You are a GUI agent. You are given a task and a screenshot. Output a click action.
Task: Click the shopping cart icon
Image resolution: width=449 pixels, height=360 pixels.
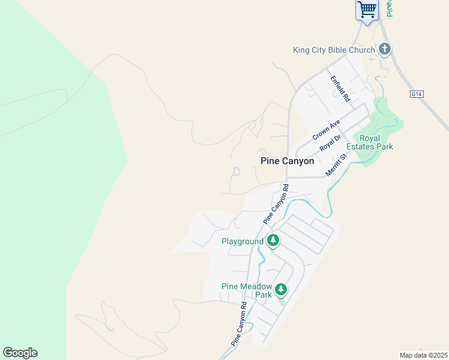click(x=367, y=10)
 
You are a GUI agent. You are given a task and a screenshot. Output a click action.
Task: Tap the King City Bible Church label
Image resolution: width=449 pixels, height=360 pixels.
click(x=334, y=50)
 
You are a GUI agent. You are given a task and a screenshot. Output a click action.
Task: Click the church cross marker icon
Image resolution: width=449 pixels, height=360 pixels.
click(x=385, y=50)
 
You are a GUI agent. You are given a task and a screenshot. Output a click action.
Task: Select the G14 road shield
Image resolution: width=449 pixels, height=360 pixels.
click(x=417, y=94)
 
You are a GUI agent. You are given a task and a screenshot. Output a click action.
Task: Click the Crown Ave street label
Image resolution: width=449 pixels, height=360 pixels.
click(x=326, y=130)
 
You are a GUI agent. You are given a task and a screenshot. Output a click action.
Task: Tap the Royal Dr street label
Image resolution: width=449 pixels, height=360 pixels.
click(x=330, y=143)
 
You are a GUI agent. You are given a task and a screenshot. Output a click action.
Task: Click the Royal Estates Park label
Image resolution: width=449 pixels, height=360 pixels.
click(x=376, y=142)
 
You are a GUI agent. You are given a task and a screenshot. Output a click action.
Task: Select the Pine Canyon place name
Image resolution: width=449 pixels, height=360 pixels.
click(x=288, y=161)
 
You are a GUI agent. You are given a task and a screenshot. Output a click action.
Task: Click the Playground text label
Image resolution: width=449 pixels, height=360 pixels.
click(x=243, y=241)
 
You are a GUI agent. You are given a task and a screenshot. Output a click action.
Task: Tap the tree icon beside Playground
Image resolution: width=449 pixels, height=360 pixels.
click(x=273, y=241)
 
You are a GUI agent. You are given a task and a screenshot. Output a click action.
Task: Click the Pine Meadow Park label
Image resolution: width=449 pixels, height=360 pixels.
click(x=247, y=290)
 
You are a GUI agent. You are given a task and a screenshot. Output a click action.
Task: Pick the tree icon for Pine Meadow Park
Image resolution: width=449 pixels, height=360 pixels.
click(x=280, y=290)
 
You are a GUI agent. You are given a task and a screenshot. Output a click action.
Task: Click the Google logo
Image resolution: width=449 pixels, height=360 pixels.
click(x=20, y=353)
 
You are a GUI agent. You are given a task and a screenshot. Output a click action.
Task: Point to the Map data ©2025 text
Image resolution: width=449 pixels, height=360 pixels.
click(x=424, y=355)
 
